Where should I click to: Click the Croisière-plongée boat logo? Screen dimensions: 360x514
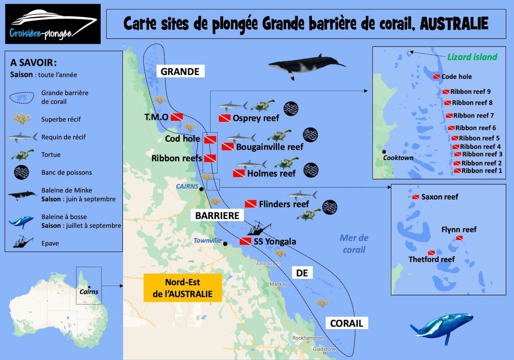click(x=53, y=24)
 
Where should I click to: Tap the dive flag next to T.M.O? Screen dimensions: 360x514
click(x=177, y=117)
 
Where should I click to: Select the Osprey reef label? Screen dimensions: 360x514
click(x=256, y=118)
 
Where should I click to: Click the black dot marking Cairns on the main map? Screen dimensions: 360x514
click(x=201, y=189)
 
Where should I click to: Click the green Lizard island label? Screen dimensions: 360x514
click(x=472, y=57)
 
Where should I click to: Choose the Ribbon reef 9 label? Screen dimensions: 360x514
click(x=470, y=92)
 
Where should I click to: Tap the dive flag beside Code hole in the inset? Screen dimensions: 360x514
click(x=436, y=76)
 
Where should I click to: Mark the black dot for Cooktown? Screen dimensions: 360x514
click(x=384, y=152)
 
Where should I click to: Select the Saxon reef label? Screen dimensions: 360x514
click(x=440, y=197)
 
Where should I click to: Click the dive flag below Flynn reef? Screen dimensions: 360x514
click(x=460, y=238)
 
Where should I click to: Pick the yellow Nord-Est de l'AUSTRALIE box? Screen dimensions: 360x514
click(x=183, y=288)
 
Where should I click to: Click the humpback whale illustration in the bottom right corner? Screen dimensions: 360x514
click(x=442, y=327)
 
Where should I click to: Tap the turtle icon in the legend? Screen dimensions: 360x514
click(x=22, y=155)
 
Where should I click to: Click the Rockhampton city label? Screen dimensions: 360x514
click(x=308, y=338)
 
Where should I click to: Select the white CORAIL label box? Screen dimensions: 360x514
click(x=346, y=323)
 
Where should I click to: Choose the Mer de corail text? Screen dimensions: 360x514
click(x=354, y=244)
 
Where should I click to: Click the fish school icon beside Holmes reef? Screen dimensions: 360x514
click(x=311, y=170)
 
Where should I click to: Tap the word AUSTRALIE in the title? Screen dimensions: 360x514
click(x=454, y=24)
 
